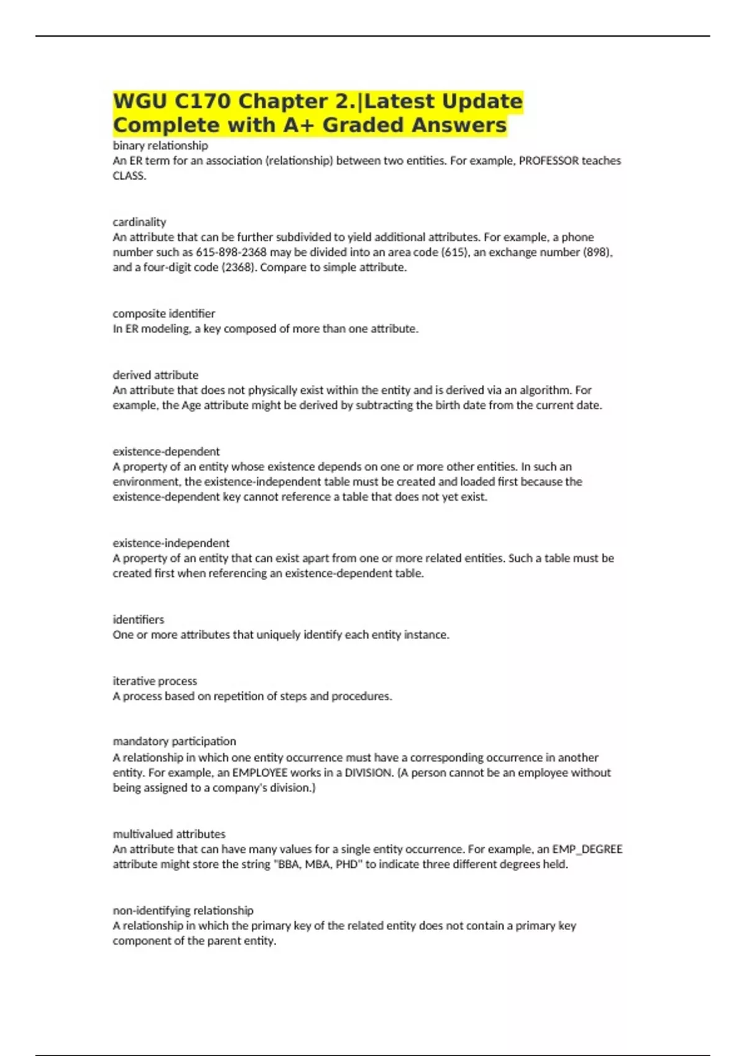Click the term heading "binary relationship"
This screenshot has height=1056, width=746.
point(160,145)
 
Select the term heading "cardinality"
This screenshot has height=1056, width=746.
point(139,222)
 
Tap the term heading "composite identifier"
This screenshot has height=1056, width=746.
point(163,313)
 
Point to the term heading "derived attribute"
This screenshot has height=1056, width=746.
point(155,375)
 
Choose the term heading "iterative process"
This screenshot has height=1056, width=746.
point(155,681)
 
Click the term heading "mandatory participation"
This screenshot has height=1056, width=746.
point(174,741)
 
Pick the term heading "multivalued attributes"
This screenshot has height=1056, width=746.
point(169,834)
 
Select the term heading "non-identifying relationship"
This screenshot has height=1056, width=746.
point(183,910)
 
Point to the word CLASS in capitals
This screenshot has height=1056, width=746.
point(129,176)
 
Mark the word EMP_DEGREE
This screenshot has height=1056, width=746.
point(587,849)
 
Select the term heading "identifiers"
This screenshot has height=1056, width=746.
point(139,619)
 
